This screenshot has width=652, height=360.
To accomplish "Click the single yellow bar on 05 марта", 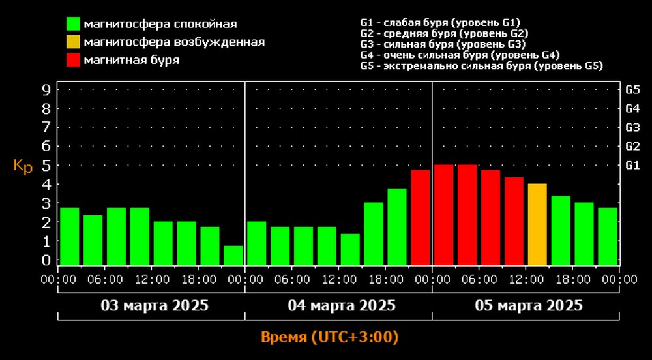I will [x=537, y=224].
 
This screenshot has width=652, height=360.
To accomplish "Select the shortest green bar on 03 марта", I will [x=233, y=255].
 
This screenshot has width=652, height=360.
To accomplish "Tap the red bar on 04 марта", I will [x=421, y=217].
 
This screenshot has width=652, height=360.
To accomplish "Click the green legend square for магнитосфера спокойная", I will [x=72, y=24].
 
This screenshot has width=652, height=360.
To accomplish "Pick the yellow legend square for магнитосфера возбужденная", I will [x=72, y=42].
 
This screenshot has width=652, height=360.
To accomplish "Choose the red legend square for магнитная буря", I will [x=72, y=60].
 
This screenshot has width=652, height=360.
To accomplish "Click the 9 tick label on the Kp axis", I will [x=46, y=90].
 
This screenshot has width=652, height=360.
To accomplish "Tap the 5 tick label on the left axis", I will [x=46, y=166].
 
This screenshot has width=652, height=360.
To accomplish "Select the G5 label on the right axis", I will [x=632, y=90].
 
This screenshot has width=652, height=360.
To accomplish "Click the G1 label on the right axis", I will [x=632, y=166].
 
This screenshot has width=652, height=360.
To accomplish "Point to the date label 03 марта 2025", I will [x=155, y=305].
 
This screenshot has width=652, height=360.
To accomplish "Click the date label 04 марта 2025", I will [x=342, y=305].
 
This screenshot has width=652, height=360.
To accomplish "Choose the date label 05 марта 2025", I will [x=529, y=305].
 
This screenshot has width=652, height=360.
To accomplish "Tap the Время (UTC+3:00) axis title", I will [x=329, y=338].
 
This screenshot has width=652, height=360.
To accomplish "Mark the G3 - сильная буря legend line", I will [x=442, y=44].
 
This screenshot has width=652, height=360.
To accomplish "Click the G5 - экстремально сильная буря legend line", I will [x=481, y=66].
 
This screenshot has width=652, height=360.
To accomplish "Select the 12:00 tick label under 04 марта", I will [x=339, y=279].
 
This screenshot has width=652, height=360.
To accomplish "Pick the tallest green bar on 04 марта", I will [x=397, y=227].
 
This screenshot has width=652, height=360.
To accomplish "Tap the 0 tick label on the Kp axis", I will [x=46, y=260].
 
